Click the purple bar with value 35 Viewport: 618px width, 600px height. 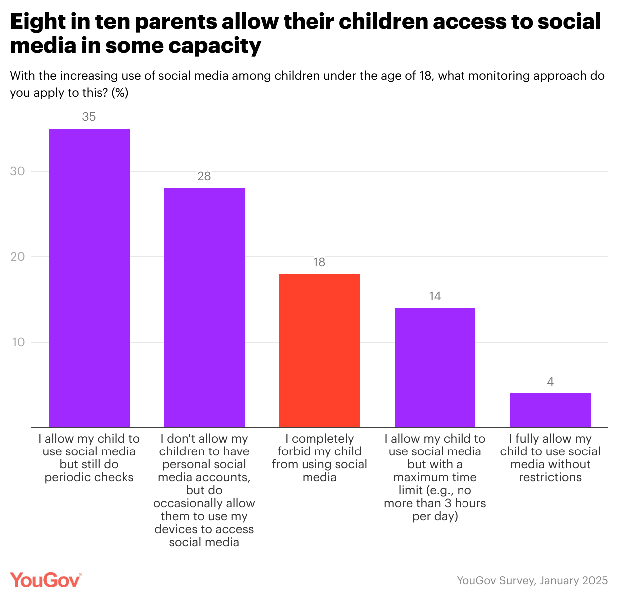[89, 278]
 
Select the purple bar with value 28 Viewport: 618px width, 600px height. [204, 307]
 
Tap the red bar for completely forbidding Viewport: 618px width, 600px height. [319, 350]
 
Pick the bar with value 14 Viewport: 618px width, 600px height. [435, 367]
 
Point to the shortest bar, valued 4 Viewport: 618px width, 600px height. [550, 410]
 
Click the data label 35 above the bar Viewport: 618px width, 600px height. [89, 117]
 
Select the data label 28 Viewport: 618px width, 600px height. [204, 176]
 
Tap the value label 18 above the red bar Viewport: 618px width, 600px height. [319, 262]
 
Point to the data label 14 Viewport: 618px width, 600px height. [435, 296]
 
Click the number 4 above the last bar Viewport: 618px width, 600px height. [550, 382]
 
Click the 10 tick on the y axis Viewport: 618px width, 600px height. [18, 342]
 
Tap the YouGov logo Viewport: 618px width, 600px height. [46, 580]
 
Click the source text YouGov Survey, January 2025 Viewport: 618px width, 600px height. [532, 581]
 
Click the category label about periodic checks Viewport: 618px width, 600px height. [89, 458]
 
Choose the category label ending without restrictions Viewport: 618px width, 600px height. [550, 458]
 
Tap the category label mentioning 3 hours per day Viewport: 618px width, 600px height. [435, 477]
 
